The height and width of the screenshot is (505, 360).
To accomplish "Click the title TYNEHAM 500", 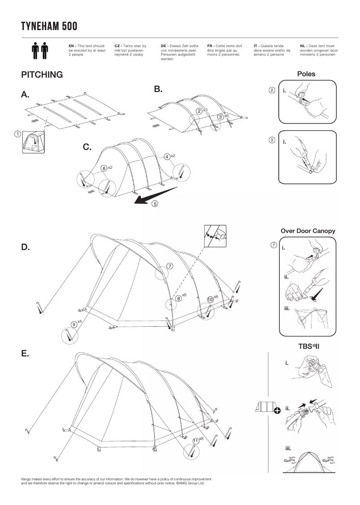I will (x=49, y=26).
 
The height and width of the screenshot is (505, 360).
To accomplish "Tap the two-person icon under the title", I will (x=40, y=52).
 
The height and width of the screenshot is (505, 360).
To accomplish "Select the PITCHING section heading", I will (x=42, y=75).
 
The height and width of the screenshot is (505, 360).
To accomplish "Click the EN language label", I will (x=71, y=46).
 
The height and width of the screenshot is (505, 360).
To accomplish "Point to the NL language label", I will (x=303, y=46).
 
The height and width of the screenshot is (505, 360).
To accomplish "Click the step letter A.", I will (x=25, y=95).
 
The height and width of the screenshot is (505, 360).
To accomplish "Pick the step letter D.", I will (x=25, y=247).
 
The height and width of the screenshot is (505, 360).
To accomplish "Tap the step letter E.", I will (x=25, y=354).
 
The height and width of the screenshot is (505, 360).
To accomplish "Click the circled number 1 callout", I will (x=17, y=133).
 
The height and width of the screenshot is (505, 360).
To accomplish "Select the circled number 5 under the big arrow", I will (x=155, y=204).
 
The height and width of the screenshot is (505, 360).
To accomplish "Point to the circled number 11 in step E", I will (x=195, y=441).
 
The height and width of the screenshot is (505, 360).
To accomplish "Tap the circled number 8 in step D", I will (x=178, y=298).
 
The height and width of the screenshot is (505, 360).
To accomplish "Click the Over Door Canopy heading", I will (x=308, y=231).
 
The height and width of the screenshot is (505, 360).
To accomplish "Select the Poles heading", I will (x=306, y=74).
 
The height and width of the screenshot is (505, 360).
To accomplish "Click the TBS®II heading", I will (x=308, y=347).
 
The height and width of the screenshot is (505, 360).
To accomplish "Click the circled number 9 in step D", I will (x=74, y=324).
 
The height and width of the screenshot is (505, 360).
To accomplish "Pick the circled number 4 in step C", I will (x=167, y=157).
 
